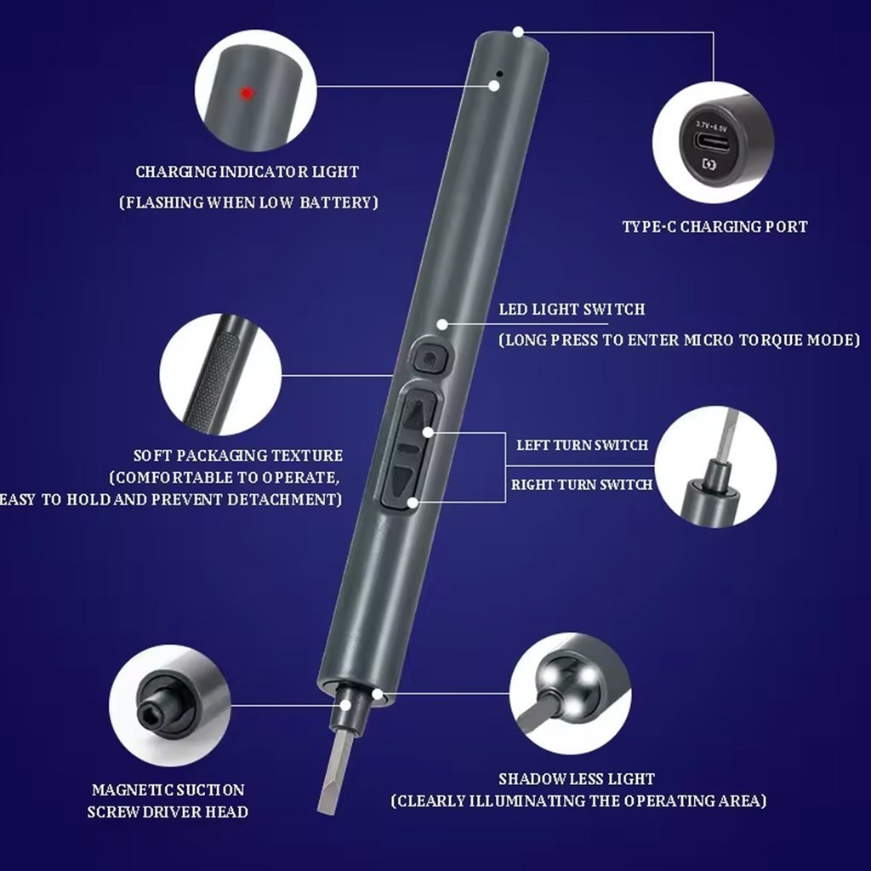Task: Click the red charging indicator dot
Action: coord(247,94)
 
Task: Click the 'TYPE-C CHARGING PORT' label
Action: coord(714,226)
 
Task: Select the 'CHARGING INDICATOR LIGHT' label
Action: coord(248,172)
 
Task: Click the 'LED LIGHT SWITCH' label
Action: coord(572,310)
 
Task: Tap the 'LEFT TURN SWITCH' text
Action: coord(582,445)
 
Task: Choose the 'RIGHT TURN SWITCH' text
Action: coord(582,484)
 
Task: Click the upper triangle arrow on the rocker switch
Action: coord(419,414)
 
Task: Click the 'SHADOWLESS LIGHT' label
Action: coord(577,779)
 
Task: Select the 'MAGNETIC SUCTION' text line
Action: coord(168,790)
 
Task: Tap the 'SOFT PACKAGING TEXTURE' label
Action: coord(238,456)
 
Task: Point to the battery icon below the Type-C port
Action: coord(709,164)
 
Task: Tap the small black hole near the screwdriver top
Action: coord(498,73)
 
